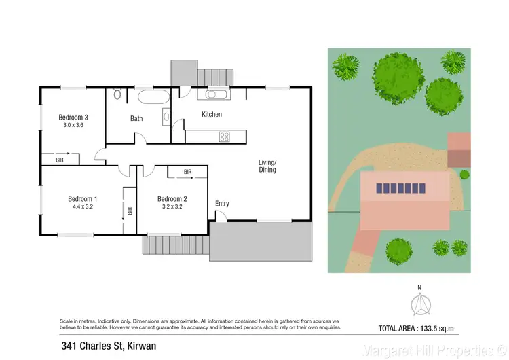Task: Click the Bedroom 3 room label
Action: [x=73, y=117]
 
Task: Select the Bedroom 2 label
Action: [x=172, y=199]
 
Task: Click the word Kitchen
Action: [x=212, y=114]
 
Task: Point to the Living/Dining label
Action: [x=267, y=166]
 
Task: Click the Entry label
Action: [x=222, y=204]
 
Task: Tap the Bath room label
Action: [x=136, y=118]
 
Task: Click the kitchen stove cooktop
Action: [x=225, y=137]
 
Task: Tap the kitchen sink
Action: [x=219, y=95]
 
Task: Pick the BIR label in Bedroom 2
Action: [x=187, y=172]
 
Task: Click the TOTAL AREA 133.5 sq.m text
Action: [x=425, y=329]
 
